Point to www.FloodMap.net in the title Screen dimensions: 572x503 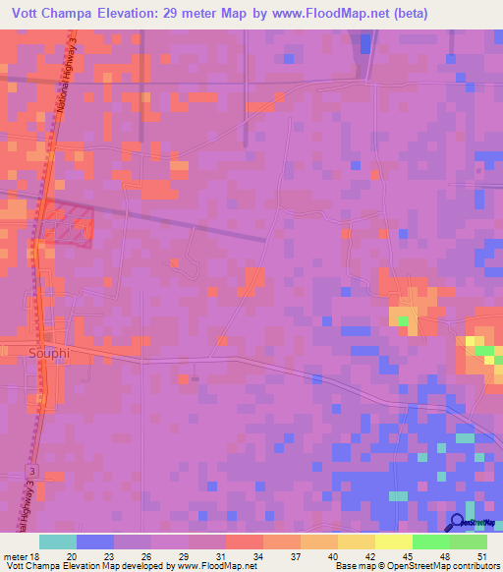point(336,13)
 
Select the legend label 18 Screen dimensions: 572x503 point(36,555)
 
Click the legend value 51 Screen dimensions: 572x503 point(482,555)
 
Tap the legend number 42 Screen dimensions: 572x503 point(370,555)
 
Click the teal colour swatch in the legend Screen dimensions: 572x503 point(58,542)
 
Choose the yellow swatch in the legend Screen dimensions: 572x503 point(394,542)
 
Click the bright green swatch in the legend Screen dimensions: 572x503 point(431,542)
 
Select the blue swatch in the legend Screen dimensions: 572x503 point(95,542)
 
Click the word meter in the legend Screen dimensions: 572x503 point(15,555)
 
